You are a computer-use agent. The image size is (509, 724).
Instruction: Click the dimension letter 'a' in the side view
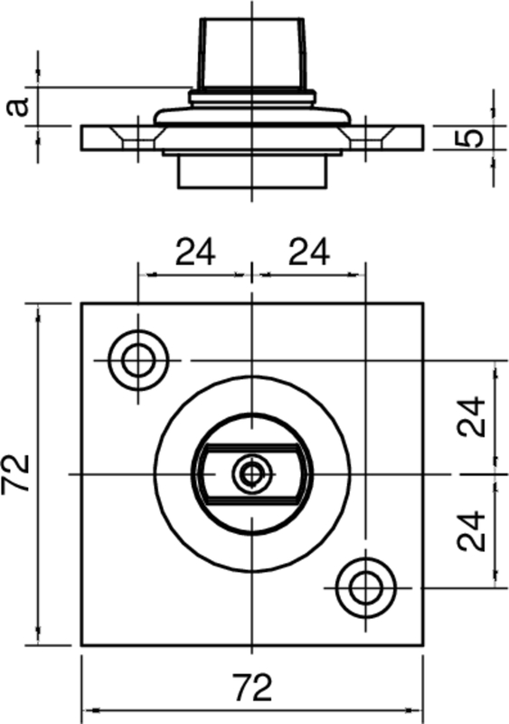coord(16,107)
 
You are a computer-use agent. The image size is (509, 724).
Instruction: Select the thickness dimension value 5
coord(470,138)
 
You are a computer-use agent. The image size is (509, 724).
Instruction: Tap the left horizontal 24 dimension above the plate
coord(194,252)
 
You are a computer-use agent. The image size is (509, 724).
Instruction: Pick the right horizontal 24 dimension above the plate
coord(308,252)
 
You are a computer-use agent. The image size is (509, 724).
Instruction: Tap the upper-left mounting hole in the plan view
coord(138,360)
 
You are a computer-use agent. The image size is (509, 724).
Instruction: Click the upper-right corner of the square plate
coord(423,303)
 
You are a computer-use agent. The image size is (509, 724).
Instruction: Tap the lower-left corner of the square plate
coord(81,645)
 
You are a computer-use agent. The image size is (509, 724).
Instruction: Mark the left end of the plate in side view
coord(83,138)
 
